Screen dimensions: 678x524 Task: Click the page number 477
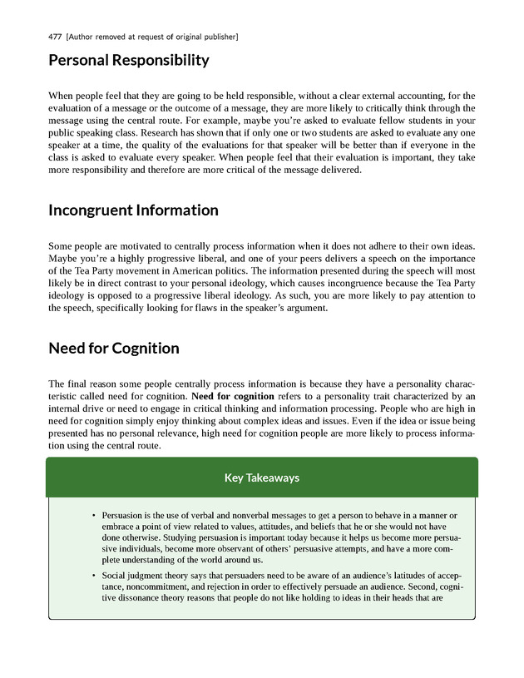[x=57, y=37]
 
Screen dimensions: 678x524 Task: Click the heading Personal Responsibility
[x=129, y=61]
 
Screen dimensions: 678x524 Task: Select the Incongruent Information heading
[x=133, y=210]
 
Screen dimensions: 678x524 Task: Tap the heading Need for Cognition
[x=114, y=349]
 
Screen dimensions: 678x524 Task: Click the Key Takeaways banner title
[x=262, y=478]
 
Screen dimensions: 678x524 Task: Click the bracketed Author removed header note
[x=153, y=37]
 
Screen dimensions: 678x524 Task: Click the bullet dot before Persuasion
[x=94, y=516]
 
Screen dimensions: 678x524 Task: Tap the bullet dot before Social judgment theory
[x=94, y=576]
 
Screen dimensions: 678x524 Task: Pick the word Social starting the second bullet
[x=116, y=576]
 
